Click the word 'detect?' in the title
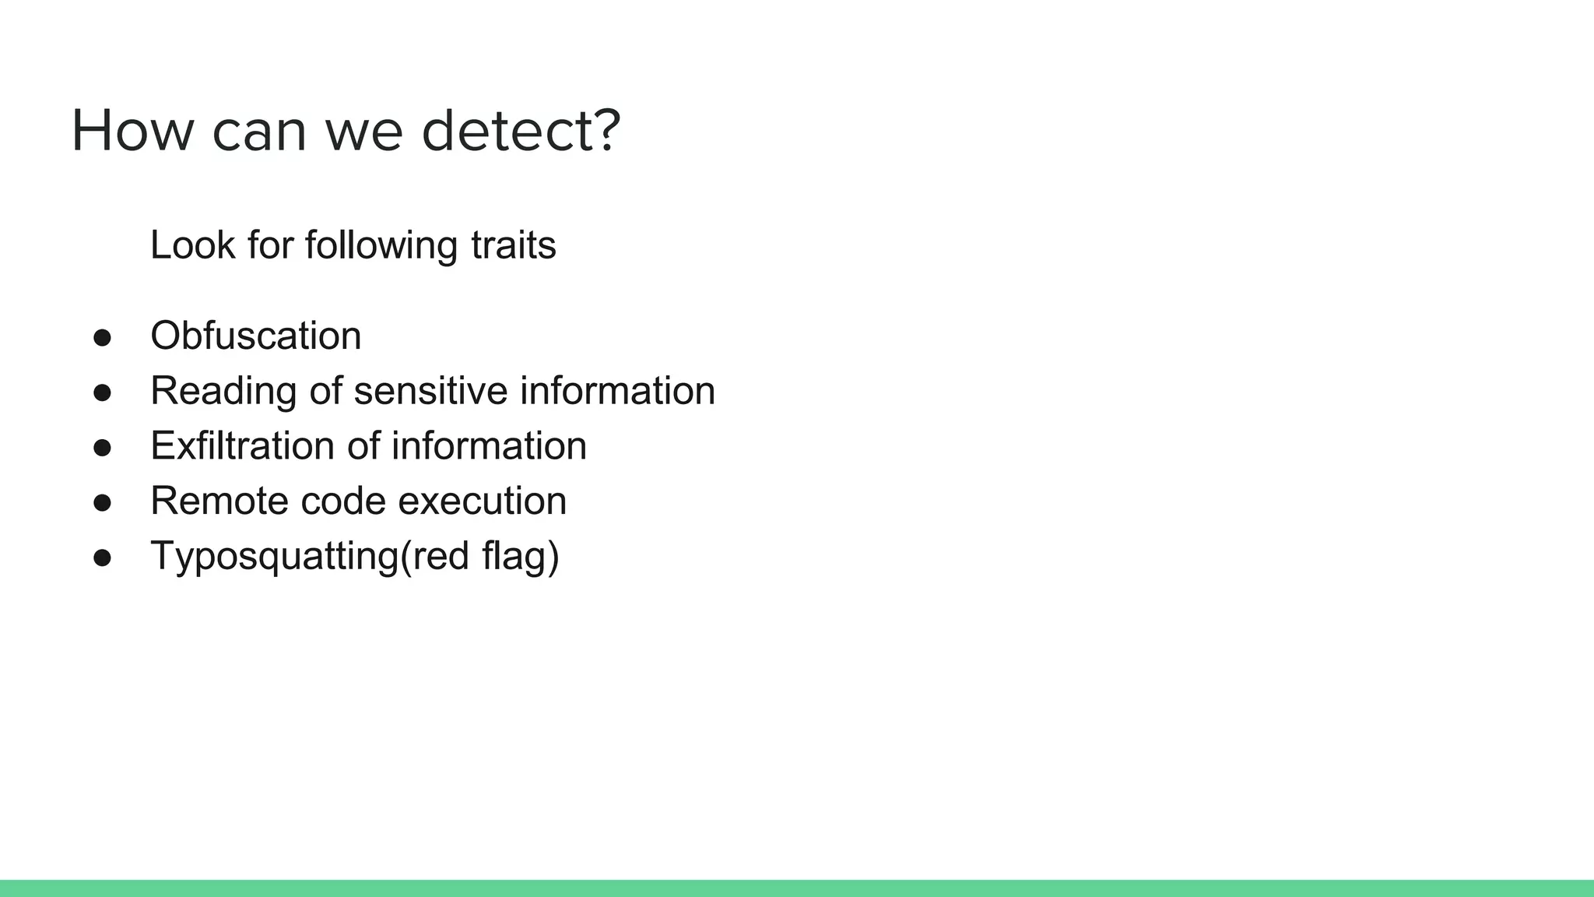[521, 131]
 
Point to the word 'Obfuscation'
[255, 336]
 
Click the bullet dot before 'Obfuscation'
[102, 337]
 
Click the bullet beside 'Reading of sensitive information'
[102, 392]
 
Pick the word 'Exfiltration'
[242, 445]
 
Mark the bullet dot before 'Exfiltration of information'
[102, 448]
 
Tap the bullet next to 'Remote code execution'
[102, 502]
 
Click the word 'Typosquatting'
[274, 556]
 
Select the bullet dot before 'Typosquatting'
[102, 558]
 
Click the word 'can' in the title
[259, 131]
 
